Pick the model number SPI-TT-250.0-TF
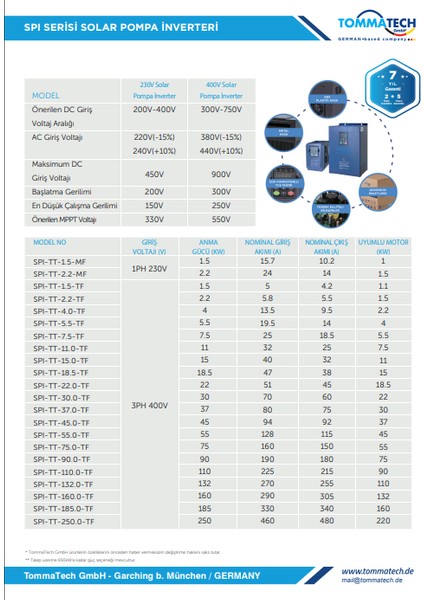point(66,521)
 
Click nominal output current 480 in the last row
point(325,521)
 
